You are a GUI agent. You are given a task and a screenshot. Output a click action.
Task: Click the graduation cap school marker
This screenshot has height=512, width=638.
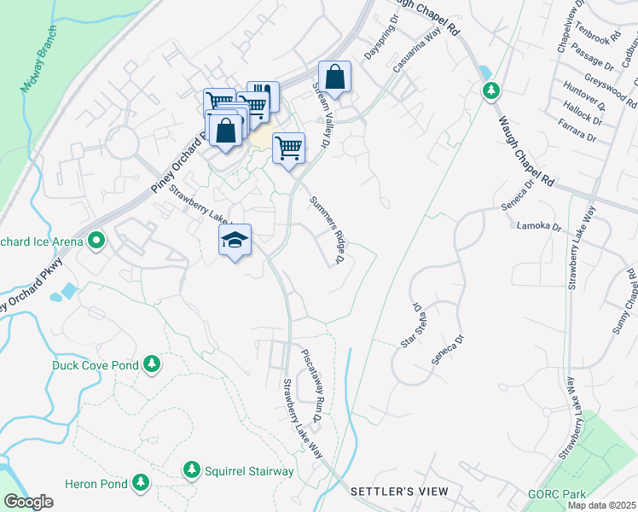tap(235, 241)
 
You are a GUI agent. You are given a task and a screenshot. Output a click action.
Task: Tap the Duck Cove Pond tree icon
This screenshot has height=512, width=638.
tap(152, 365)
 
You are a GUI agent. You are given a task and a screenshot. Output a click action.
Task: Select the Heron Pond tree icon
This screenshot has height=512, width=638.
tap(140, 484)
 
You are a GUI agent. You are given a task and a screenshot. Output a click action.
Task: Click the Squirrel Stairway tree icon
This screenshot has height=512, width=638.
tap(192, 470)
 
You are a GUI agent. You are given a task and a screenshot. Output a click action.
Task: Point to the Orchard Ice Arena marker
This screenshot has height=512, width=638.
tap(96, 241)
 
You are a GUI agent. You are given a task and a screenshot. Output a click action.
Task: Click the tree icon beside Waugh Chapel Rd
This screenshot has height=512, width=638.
tap(490, 90)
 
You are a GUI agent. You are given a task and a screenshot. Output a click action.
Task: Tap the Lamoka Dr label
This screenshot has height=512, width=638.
tap(539, 227)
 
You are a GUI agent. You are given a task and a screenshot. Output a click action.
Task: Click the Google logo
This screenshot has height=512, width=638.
tap(28, 502)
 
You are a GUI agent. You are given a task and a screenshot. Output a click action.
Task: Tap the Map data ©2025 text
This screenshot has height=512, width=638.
tap(602, 505)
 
